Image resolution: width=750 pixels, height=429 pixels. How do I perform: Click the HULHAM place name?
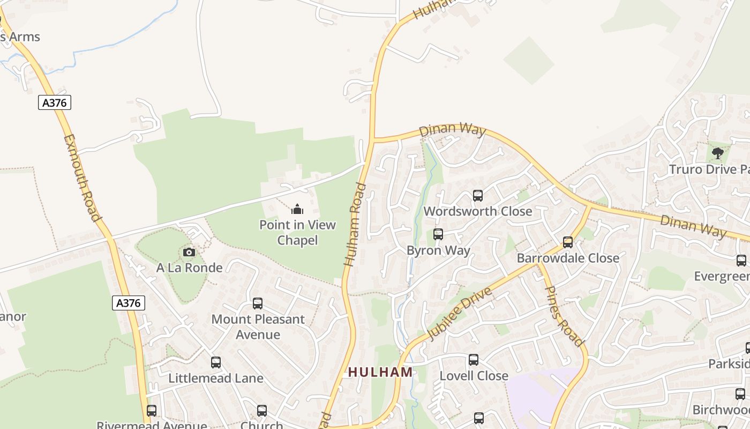click(380, 372)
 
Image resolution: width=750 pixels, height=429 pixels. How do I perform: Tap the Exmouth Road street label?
click(82, 177)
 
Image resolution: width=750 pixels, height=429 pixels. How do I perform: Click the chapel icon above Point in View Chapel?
click(297, 209)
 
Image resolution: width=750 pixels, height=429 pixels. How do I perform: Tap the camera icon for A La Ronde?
click(189, 252)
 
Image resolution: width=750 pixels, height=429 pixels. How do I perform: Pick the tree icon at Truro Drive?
click(717, 153)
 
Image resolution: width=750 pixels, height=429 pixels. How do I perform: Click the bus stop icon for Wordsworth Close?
click(477, 196)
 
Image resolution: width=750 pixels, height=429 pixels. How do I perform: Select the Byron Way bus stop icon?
click(438, 234)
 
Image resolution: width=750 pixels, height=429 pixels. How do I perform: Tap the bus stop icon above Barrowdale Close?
click(568, 242)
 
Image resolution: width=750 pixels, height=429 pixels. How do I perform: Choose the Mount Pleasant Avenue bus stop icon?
click(258, 304)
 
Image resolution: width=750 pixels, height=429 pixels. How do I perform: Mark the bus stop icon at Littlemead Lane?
click(216, 363)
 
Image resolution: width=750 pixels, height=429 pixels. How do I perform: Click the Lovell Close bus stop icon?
click(474, 360)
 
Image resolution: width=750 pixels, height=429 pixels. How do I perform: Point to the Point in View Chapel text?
click(297, 232)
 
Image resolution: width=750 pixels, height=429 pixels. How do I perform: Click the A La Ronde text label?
click(189, 267)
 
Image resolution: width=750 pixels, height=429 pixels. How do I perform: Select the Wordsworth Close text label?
click(478, 211)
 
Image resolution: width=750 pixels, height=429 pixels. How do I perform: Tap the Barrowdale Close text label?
click(568, 258)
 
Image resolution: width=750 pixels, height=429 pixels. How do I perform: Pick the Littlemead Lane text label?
click(216, 378)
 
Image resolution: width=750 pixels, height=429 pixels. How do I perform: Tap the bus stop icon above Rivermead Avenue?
click(152, 411)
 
